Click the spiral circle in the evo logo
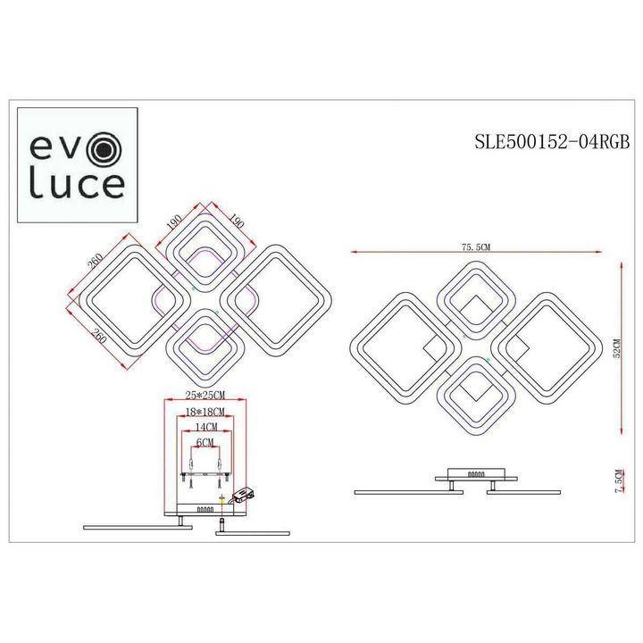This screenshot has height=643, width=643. (x=104, y=146)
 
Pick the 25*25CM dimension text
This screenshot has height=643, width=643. (x=204, y=395)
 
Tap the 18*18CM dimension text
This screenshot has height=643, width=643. (x=204, y=412)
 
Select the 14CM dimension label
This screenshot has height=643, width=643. (x=204, y=428)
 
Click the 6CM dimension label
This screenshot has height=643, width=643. (x=204, y=443)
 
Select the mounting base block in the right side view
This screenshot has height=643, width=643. (x=473, y=476)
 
